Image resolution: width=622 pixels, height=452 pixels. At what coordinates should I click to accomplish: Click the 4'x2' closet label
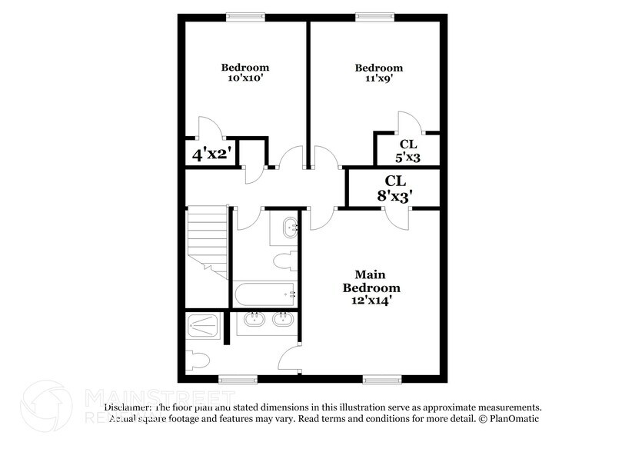(x=211, y=153)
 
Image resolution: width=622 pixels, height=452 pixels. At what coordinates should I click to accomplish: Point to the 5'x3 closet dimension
(x=407, y=158)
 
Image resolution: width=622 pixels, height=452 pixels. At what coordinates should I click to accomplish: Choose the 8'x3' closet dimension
(x=395, y=195)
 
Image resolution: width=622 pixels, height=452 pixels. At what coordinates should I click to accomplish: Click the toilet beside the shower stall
(x=198, y=359)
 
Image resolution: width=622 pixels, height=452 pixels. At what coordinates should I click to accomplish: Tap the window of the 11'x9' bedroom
(x=374, y=15)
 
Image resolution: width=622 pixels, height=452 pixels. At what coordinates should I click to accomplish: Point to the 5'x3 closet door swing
(x=407, y=123)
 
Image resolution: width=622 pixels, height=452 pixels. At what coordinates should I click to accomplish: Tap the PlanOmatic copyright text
(x=507, y=419)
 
